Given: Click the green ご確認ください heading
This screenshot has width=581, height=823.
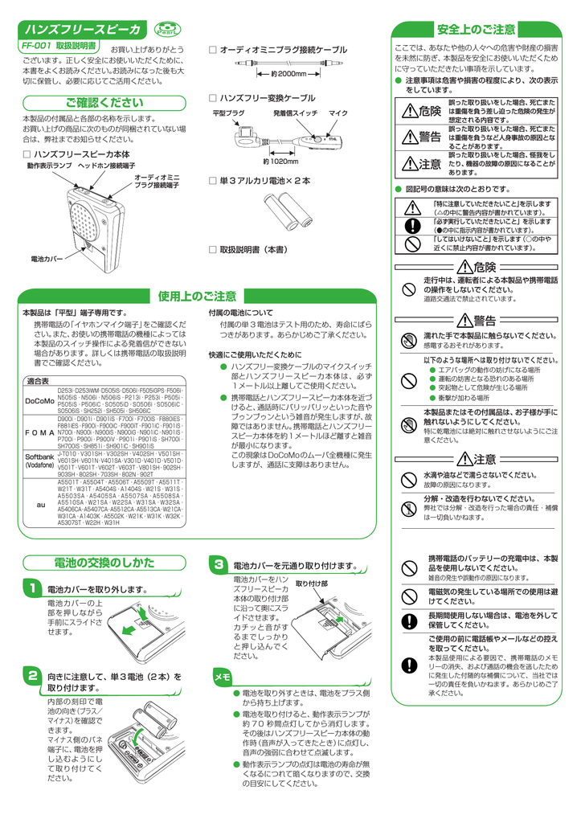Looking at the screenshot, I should tap(104, 103).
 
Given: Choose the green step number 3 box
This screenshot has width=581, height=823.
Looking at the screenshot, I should tap(218, 565).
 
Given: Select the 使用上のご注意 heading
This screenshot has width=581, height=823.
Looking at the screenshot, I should tap(197, 297).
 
